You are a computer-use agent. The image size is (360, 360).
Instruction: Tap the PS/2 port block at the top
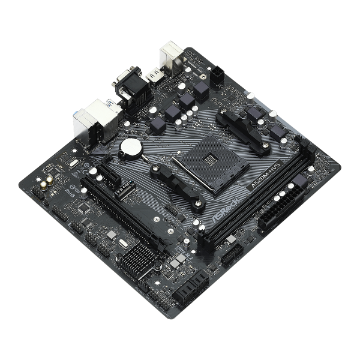click(x=169, y=58)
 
